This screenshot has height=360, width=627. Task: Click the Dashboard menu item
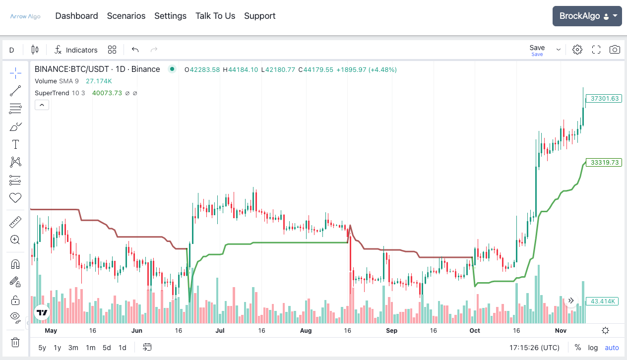[76, 16]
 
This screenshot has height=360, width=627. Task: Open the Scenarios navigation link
[126, 16]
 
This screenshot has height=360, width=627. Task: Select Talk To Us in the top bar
[215, 16]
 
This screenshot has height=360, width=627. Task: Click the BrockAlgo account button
[587, 16]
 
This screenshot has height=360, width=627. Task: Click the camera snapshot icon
[615, 50]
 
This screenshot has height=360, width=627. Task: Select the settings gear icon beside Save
[577, 50]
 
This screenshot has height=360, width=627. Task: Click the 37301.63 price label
[604, 99]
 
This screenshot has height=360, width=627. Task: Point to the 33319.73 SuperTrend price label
[604, 163]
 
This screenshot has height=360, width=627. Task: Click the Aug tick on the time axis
[306, 331]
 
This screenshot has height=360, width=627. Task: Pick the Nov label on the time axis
[561, 331]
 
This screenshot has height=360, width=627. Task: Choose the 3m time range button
[73, 348]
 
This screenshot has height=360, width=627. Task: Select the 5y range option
[42, 348]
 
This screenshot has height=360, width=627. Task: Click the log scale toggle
[593, 348]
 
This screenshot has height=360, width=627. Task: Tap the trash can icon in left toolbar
[15, 342]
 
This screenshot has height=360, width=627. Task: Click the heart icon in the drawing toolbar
[15, 198]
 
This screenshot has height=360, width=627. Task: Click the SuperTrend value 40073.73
[107, 93]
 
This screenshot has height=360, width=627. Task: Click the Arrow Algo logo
[25, 16]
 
